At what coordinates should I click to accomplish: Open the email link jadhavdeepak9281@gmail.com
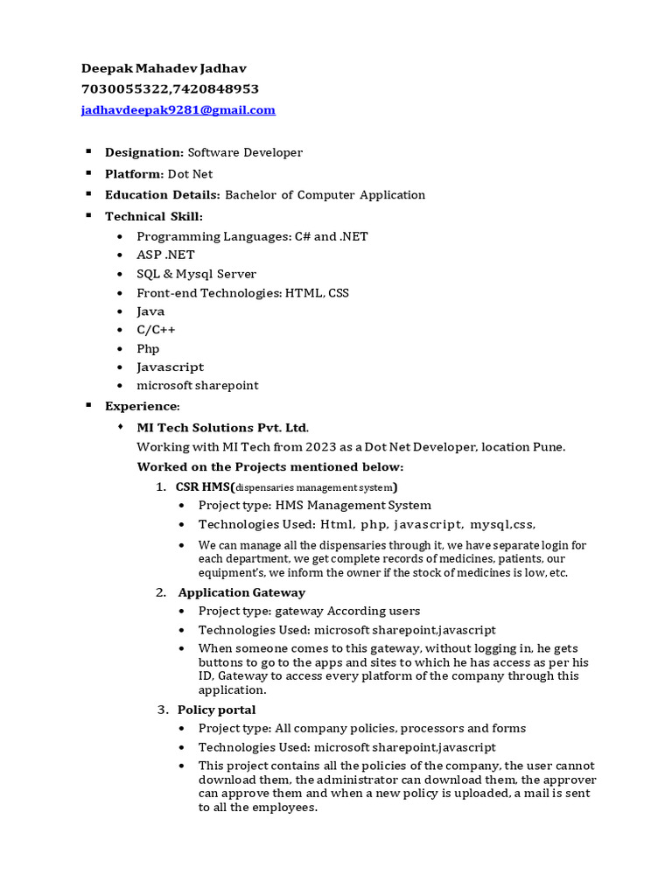(178, 110)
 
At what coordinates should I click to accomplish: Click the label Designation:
(144, 152)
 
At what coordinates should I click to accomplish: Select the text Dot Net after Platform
(190, 174)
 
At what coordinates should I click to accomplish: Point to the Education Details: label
(163, 195)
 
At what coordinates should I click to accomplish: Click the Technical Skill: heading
(154, 216)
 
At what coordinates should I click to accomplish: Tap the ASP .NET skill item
(165, 255)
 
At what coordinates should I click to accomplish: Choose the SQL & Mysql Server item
(196, 274)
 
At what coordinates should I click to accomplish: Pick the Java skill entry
(150, 311)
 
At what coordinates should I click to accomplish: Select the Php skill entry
(148, 348)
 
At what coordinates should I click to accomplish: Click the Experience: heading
(143, 406)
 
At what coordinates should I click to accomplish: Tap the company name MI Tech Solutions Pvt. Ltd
(222, 428)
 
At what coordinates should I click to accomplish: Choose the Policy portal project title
(216, 710)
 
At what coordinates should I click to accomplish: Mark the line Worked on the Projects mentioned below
(270, 466)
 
